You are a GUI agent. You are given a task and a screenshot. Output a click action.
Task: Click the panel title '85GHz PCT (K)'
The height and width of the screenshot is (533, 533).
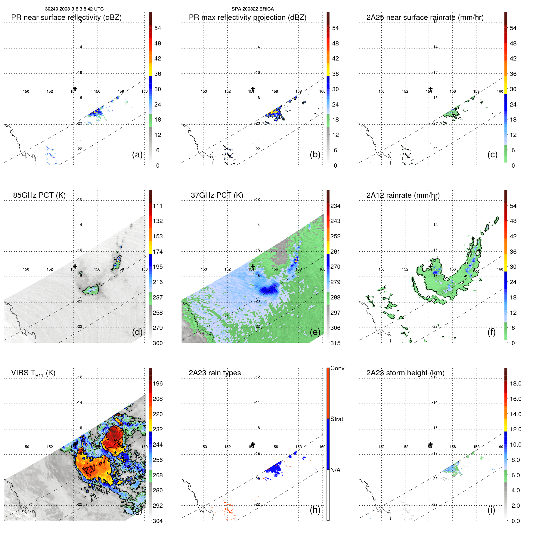click(39, 195)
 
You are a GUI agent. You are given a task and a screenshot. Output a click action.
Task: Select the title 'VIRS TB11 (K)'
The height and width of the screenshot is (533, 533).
click(33, 373)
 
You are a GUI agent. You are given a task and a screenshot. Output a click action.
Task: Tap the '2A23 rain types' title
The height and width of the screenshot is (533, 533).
click(215, 373)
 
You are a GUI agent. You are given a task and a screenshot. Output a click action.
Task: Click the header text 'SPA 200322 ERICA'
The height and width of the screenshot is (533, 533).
click(253, 9)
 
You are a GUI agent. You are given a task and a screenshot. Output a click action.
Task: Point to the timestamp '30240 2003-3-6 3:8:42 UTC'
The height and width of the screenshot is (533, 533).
click(74, 9)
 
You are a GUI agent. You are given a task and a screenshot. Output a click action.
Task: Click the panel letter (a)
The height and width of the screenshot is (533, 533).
click(137, 155)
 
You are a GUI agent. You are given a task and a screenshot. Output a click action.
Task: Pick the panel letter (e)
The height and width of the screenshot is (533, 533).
click(315, 332)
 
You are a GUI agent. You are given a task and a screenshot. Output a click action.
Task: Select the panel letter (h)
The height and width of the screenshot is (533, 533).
click(315, 510)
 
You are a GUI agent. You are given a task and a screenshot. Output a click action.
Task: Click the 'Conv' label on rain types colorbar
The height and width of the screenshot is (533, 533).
click(337, 368)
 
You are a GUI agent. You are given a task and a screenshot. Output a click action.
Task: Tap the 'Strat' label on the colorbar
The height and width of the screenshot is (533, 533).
click(337, 419)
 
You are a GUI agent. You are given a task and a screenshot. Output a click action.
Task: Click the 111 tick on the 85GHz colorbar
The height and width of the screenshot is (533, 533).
click(158, 206)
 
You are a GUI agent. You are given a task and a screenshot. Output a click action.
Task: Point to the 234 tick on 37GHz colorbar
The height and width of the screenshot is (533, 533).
click(335, 206)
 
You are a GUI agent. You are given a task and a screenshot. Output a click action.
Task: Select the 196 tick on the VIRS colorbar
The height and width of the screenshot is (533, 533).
click(158, 384)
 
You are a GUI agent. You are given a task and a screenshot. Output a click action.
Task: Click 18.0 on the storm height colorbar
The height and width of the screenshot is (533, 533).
click(516, 384)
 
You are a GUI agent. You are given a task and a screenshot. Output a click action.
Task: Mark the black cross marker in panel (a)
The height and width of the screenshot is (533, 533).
click(75, 89)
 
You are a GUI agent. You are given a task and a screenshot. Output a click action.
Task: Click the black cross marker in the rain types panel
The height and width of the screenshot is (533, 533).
click(253, 444)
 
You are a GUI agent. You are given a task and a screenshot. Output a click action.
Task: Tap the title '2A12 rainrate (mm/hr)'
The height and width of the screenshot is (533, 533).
click(403, 195)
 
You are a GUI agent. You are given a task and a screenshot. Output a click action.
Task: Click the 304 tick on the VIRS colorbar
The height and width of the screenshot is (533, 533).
click(158, 521)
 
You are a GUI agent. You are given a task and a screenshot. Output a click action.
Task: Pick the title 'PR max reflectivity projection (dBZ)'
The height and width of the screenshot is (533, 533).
click(247, 17)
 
